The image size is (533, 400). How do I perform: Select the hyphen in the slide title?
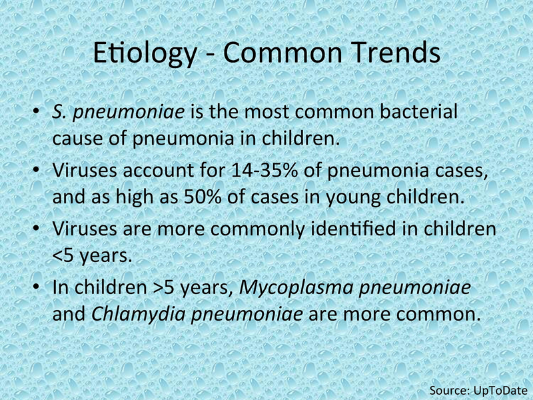(x=210, y=55)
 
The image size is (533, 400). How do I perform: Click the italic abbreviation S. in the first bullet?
(x=59, y=112)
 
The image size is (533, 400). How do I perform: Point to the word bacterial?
(x=419, y=111)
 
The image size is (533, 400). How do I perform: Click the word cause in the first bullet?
(x=77, y=139)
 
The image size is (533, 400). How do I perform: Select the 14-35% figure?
(x=265, y=170)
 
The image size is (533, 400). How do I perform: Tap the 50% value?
(x=203, y=196)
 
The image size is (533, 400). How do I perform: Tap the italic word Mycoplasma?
(x=296, y=289)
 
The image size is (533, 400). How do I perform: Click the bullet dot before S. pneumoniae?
(x=36, y=112)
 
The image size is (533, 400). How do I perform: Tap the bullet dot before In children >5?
(x=36, y=287)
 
